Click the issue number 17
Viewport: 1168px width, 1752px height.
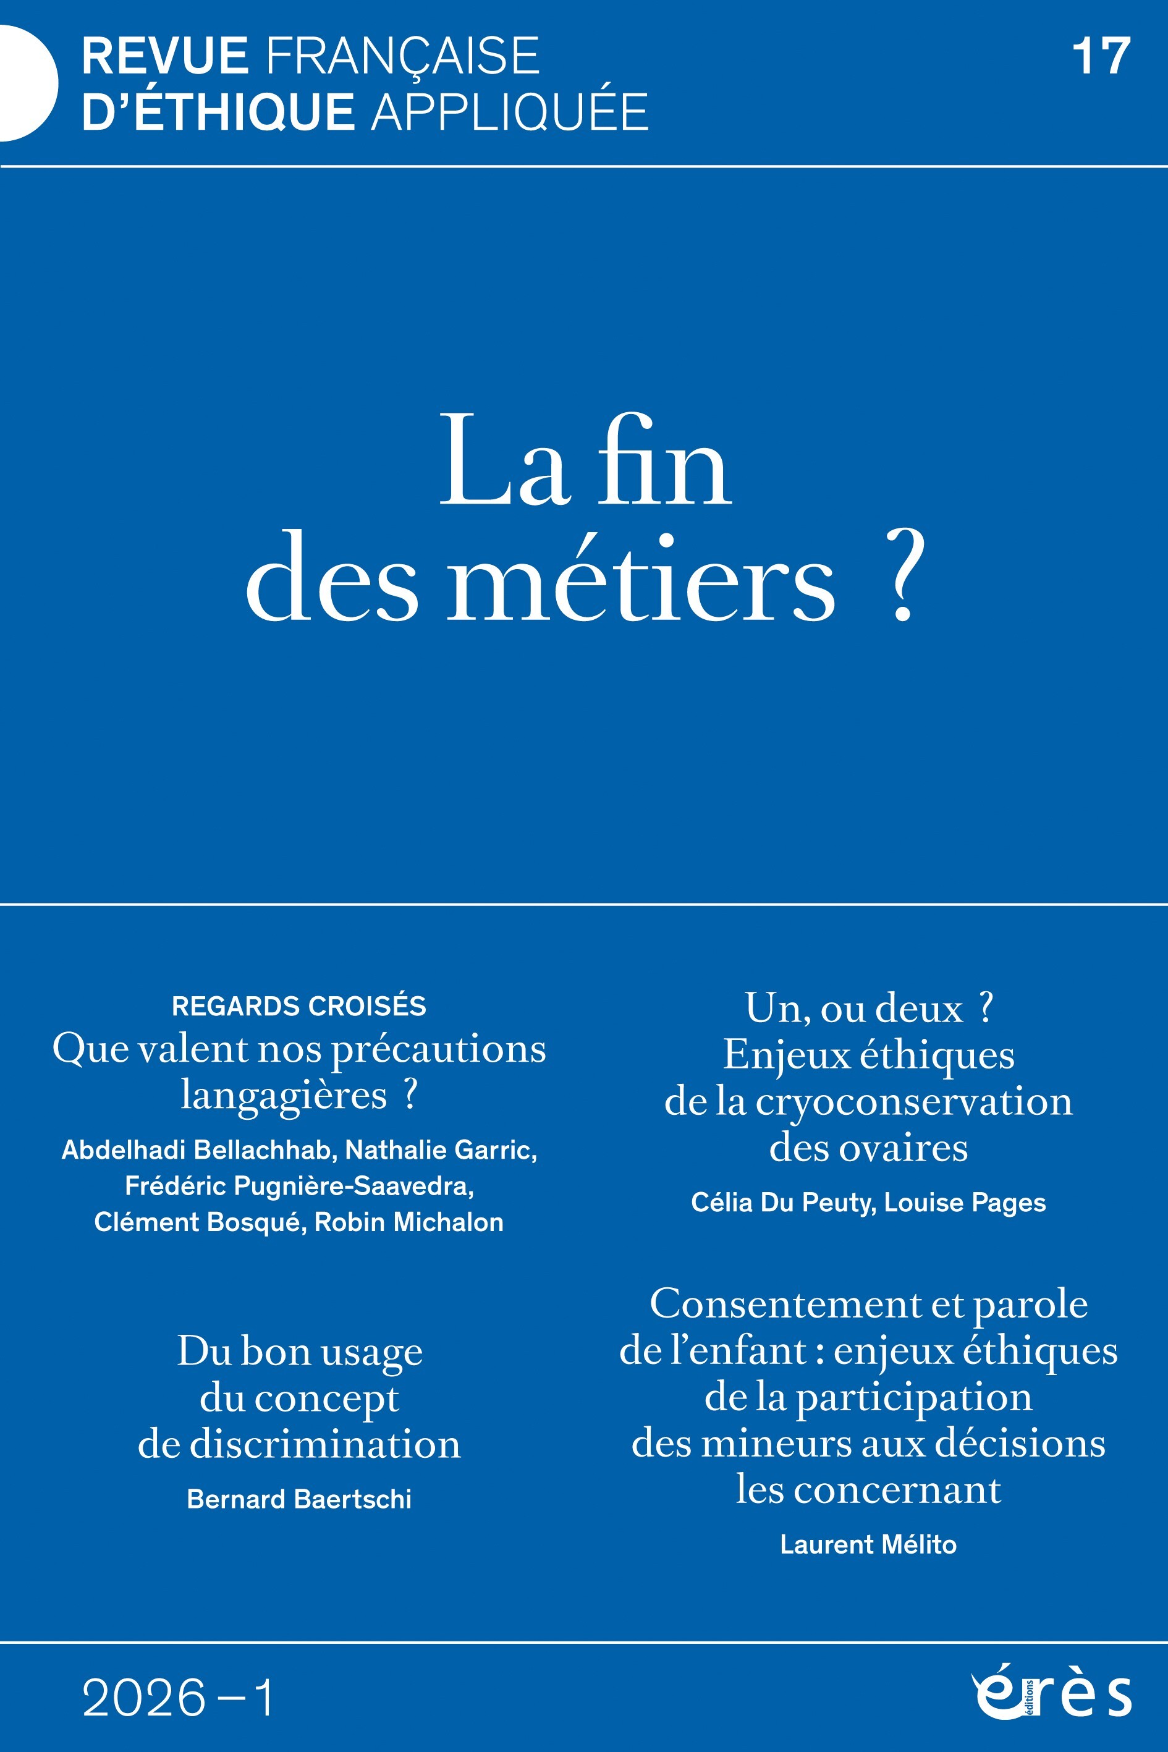(x=1101, y=57)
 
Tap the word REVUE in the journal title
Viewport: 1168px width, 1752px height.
(x=164, y=57)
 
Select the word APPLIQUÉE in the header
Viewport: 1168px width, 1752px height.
(x=509, y=112)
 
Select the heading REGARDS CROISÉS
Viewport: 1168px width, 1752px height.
(x=298, y=1006)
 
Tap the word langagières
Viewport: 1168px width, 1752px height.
(x=284, y=1095)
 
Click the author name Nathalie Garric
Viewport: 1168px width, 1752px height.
(x=441, y=1150)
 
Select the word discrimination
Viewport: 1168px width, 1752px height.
(x=326, y=1444)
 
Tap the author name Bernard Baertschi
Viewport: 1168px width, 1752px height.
(x=298, y=1499)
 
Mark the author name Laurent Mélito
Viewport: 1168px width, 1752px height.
(x=868, y=1544)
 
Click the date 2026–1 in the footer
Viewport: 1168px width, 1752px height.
(x=178, y=1698)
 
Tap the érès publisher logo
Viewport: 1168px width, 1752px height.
(x=1051, y=1693)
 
